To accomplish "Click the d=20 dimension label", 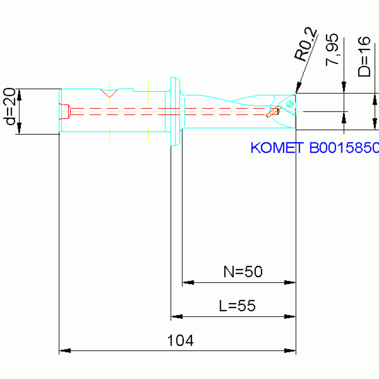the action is (x=9, y=106).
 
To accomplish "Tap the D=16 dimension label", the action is (x=364, y=56).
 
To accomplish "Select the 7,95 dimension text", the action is (x=332, y=49).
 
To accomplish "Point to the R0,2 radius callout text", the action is (x=305, y=44).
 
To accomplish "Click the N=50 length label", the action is (x=243, y=271).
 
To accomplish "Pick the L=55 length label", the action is (x=237, y=305).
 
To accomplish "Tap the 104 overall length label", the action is (x=180, y=340).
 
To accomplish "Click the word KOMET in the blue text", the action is (x=277, y=147).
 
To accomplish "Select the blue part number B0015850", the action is (x=344, y=147).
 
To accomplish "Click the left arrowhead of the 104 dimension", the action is (x=65, y=350).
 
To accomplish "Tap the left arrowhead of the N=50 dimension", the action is (x=188, y=282).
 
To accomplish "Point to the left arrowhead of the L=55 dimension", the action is (x=177, y=316).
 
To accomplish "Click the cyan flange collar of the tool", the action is (x=175, y=112).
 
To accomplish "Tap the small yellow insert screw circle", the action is (x=290, y=104).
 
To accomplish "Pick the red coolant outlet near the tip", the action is (x=272, y=113).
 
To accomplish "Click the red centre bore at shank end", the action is (x=65, y=112).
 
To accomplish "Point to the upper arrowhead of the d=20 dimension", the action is (x=20, y=95).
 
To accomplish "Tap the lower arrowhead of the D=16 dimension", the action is (x=375, y=124).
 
